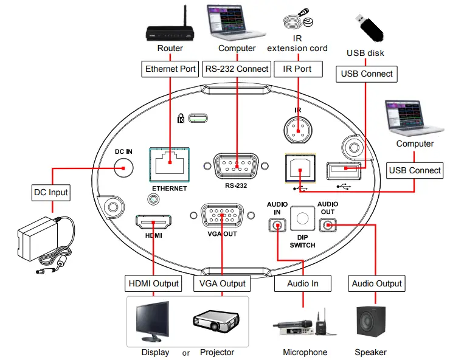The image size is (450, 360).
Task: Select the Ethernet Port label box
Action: point(170,69)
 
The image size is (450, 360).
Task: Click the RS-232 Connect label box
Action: point(237,69)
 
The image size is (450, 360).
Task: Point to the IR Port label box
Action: point(297,69)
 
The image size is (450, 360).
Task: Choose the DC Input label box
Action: point(50,193)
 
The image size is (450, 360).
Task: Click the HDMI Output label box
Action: point(154,283)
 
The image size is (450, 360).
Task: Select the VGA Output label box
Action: point(222,283)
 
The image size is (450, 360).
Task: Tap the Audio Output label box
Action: point(377,283)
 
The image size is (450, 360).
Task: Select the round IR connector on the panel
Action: point(298,129)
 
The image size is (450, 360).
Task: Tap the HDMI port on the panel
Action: point(153,223)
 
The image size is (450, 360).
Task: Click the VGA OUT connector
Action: point(223,216)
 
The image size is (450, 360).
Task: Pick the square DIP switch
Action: point(302,218)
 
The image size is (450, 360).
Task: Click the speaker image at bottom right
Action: point(370,323)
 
